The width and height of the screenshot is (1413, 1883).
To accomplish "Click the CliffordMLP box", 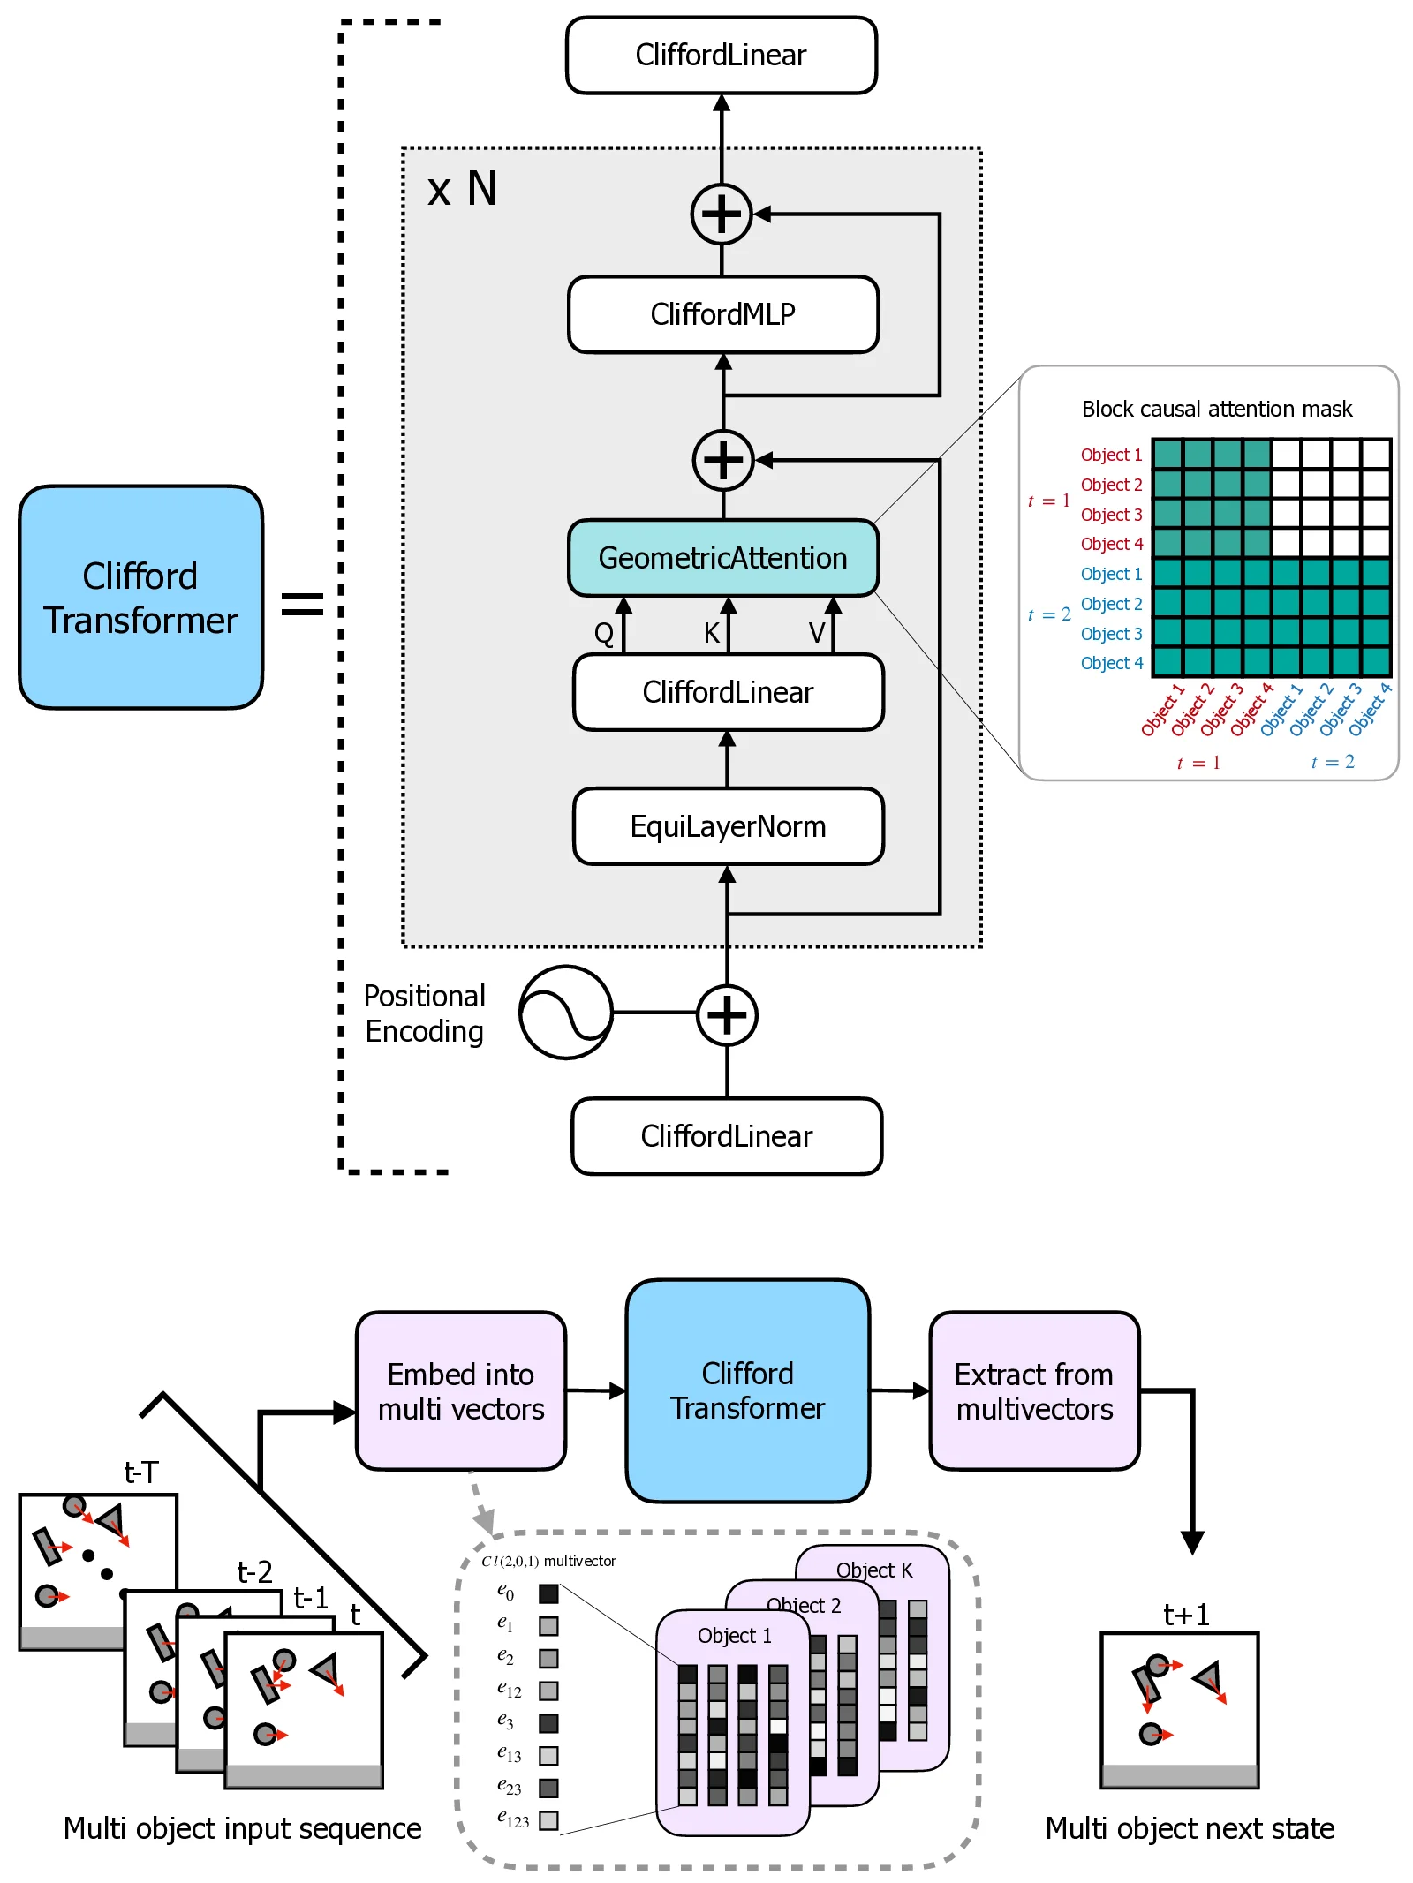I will (722, 314).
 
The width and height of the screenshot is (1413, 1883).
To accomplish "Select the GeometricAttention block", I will (722, 558).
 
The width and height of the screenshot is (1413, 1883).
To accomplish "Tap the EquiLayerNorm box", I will (728, 826).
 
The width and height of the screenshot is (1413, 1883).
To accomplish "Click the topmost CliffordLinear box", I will (721, 55).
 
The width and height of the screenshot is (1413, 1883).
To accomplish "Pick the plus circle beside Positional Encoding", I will (727, 1014).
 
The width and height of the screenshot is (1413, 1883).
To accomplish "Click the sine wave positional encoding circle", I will (565, 1013).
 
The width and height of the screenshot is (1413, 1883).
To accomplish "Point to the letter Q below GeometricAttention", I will (604, 633).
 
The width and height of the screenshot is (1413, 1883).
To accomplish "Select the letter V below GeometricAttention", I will (817, 633).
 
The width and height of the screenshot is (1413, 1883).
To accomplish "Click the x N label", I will (462, 189).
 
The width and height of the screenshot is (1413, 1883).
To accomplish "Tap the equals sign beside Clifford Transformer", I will (302, 604).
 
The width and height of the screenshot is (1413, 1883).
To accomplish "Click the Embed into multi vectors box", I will (461, 1391).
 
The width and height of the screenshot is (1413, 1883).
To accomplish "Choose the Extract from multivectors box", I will (1034, 1391).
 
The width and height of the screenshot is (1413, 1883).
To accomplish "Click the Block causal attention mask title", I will (1216, 409).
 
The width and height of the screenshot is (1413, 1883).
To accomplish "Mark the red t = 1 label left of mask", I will (1048, 501).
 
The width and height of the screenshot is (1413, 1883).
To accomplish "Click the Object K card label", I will (874, 1570).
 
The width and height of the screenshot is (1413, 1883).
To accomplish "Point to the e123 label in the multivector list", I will (512, 1819).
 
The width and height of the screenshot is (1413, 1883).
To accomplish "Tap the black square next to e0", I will (548, 1593).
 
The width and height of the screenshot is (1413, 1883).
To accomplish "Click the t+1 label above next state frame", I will (1185, 1615).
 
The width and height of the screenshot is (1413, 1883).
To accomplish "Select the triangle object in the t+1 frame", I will (1208, 1676).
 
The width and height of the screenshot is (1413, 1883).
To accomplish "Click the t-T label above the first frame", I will (141, 1473).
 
